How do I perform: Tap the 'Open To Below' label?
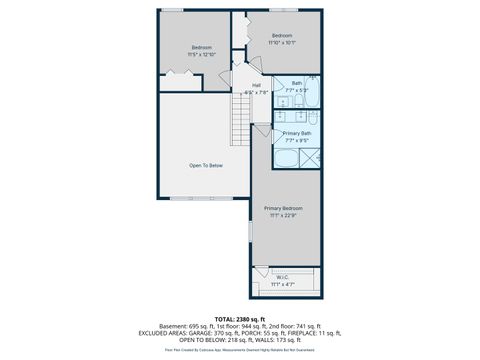[x=206, y=165]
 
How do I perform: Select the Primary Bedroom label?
[x=284, y=208]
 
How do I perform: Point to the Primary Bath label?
[x=297, y=133]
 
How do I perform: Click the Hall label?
[x=256, y=85]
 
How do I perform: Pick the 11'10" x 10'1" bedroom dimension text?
[x=283, y=43]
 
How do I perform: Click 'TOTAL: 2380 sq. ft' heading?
[x=239, y=318]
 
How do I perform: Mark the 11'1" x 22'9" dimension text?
[x=284, y=215]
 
